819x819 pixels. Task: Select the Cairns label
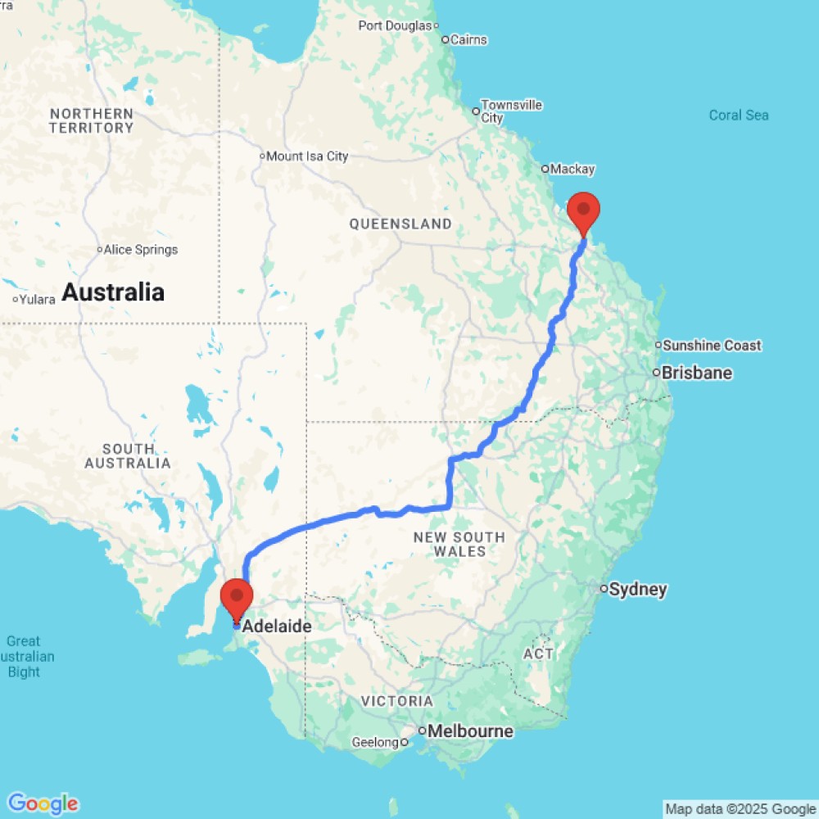(x=468, y=39)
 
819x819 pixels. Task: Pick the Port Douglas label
(x=394, y=25)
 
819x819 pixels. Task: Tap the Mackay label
(x=572, y=170)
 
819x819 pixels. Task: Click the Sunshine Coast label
(x=712, y=346)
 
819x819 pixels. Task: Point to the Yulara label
(x=38, y=299)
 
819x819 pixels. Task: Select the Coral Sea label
(x=739, y=115)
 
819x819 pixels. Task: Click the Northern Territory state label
(x=91, y=120)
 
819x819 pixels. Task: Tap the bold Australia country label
(x=113, y=292)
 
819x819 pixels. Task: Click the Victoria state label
(x=397, y=701)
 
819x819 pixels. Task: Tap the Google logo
(x=43, y=803)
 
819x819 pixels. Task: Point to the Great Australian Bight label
(x=24, y=657)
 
